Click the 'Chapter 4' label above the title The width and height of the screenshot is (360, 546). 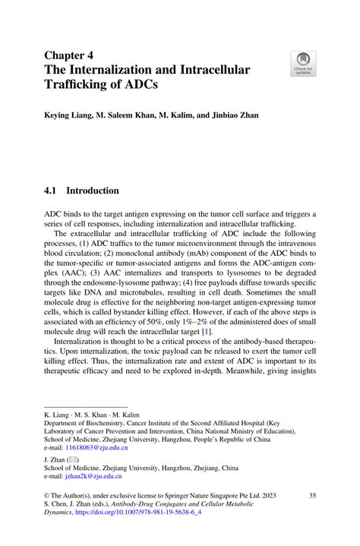[x=71, y=55]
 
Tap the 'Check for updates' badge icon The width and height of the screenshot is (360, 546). [x=304, y=64]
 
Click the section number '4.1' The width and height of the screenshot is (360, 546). [x=55, y=191]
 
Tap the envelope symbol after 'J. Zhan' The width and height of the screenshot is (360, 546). [x=74, y=461]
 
